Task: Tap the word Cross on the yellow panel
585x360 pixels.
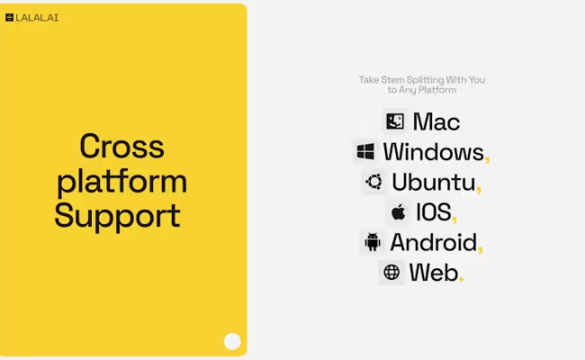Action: pyautogui.click(x=121, y=146)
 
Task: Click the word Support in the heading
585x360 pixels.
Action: pyautogui.click(x=117, y=216)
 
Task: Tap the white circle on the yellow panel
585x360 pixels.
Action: pyautogui.click(x=232, y=341)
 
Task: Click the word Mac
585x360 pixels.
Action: pyautogui.click(x=436, y=121)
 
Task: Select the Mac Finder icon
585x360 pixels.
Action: pyautogui.click(x=393, y=121)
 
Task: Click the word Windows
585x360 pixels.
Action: pyautogui.click(x=433, y=151)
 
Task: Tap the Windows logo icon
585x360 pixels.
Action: pyautogui.click(x=365, y=151)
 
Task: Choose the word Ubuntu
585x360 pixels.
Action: pyautogui.click(x=433, y=182)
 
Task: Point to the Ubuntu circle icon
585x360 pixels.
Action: pyautogui.click(x=373, y=182)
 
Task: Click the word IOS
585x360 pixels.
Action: pyautogui.click(x=432, y=212)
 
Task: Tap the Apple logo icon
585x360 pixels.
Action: pyautogui.click(x=398, y=212)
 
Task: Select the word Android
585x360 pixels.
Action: pyautogui.click(x=433, y=242)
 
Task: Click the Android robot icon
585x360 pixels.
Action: pyautogui.click(x=372, y=242)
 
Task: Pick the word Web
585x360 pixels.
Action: pyautogui.click(x=433, y=272)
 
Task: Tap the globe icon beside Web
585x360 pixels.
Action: pyautogui.click(x=391, y=272)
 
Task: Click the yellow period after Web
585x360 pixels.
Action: pyautogui.click(x=462, y=279)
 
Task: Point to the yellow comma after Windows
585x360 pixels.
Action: pyautogui.click(x=487, y=159)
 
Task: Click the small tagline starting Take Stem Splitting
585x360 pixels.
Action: pyautogui.click(x=422, y=85)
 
